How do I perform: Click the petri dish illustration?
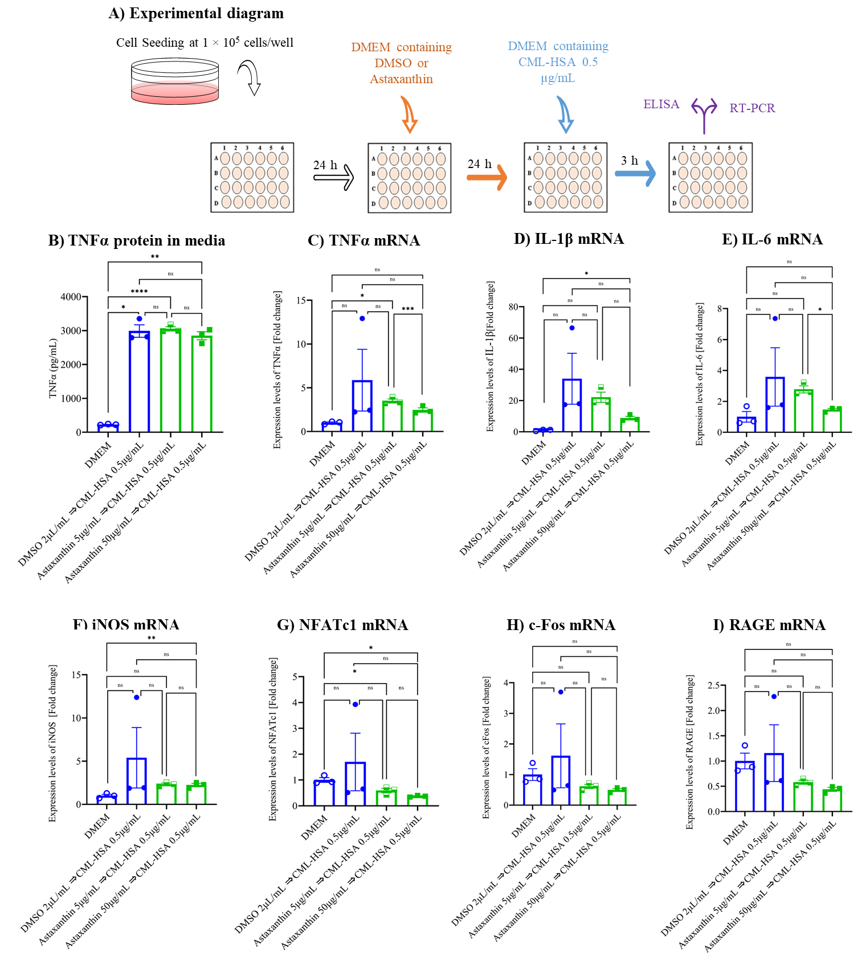(175, 82)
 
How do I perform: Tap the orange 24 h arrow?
(487, 177)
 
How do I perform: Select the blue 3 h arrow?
(635, 173)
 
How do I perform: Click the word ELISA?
(661, 104)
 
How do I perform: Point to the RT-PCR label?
(752, 108)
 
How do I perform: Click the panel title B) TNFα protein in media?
(137, 240)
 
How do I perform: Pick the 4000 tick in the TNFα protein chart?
(71, 297)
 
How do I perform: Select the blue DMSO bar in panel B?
(139, 382)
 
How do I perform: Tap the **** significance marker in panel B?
(139, 292)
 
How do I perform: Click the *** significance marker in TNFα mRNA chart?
(408, 309)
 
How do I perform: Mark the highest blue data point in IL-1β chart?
(572, 328)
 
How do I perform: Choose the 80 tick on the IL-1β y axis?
(513, 307)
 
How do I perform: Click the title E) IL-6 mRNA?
(772, 239)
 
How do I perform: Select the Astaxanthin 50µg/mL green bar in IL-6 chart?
(832, 420)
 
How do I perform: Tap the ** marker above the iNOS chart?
(152, 638)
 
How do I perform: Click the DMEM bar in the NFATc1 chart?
(324, 793)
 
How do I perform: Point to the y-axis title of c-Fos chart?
(486, 747)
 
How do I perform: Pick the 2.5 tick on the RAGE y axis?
(713, 685)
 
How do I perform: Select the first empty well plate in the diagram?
(252, 177)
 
